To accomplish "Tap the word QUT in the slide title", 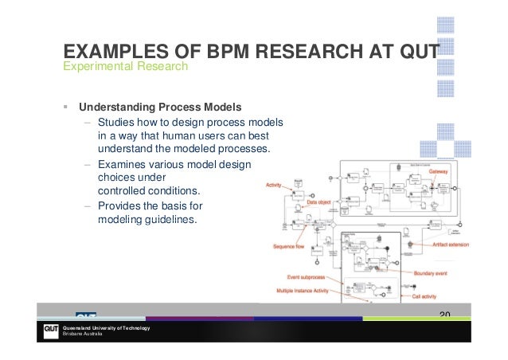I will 412,53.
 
